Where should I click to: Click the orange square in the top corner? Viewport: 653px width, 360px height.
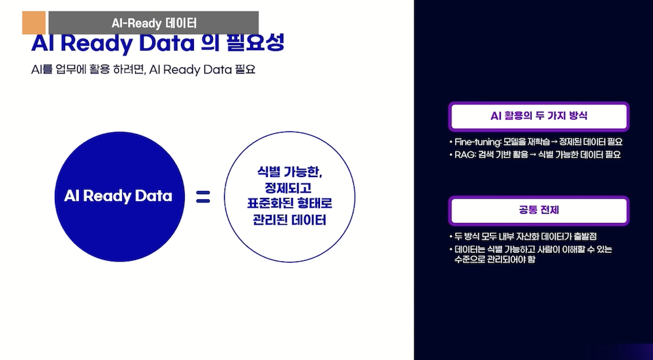coord(33,23)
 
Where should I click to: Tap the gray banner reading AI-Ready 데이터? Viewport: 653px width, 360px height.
coord(153,23)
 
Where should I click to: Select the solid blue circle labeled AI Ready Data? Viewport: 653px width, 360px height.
coord(118,196)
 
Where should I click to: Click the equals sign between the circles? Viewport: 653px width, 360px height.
coord(203,196)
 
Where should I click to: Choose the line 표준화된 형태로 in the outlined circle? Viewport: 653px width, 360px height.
coord(290,204)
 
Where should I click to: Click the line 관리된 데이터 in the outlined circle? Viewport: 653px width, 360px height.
coord(290,220)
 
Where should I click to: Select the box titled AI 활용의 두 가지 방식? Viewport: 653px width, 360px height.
coord(538,117)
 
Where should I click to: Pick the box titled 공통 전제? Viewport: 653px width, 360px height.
coord(538,210)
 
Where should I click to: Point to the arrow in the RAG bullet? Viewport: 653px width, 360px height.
coord(532,155)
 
